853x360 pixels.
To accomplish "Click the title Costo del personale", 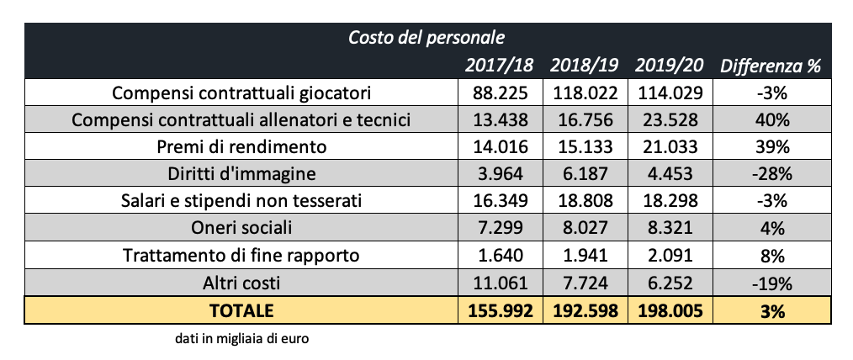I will [426, 37].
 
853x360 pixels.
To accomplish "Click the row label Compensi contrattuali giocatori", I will [241, 92].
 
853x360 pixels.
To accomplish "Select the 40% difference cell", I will [771, 119].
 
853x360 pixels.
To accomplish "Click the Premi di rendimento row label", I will [241, 146].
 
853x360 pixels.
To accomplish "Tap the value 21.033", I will [669, 146].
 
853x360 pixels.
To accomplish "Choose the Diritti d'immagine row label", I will [241, 174].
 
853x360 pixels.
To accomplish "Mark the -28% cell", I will [771, 174].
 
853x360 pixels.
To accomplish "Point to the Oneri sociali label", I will [241, 228].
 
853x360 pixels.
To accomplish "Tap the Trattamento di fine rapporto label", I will [241, 255].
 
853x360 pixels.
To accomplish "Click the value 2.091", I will [669, 255].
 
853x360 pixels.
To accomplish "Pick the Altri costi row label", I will [241, 283].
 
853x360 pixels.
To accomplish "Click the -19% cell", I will [771, 283].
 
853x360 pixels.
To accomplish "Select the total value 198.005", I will [669, 310].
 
